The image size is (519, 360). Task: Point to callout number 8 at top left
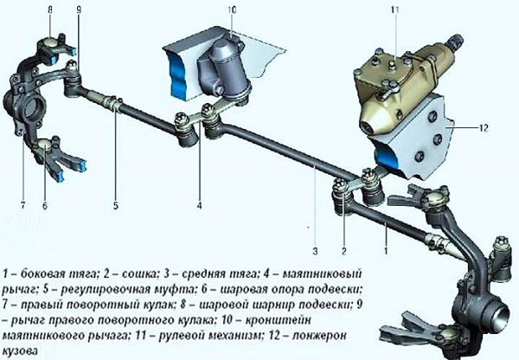click(x=49, y=10)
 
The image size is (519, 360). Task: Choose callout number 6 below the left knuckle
click(x=45, y=207)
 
